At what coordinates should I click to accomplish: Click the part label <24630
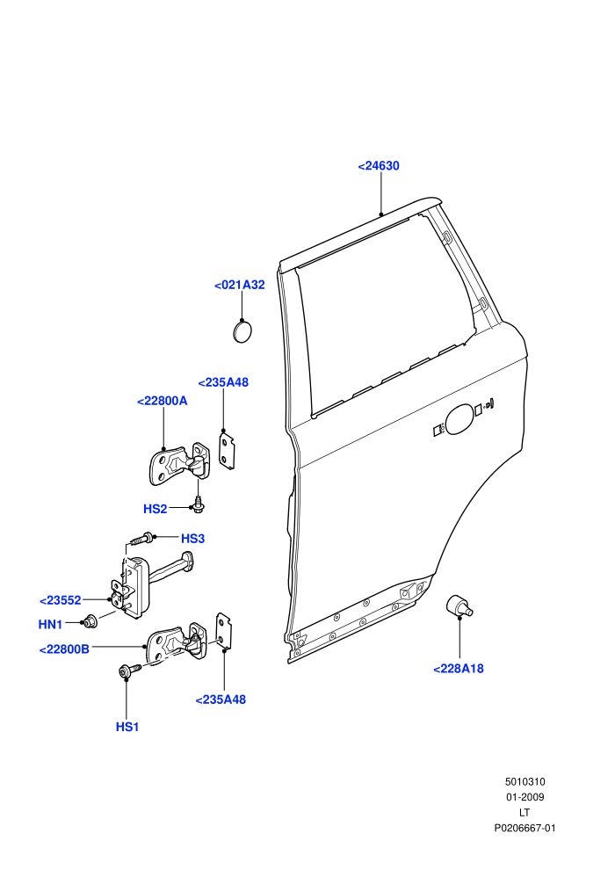click(x=379, y=166)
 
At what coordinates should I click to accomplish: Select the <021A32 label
click(x=240, y=286)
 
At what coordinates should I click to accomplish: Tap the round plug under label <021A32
click(x=242, y=331)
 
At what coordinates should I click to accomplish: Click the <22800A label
click(x=162, y=401)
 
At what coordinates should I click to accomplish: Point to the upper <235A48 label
click(x=223, y=383)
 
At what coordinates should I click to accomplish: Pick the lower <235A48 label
click(x=221, y=700)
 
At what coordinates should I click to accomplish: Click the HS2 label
click(x=156, y=510)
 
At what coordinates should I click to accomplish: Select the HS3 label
click(x=193, y=539)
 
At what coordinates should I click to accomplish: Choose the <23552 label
click(x=61, y=601)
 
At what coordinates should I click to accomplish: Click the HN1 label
click(x=50, y=625)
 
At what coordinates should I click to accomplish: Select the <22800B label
click(x=64, y=649)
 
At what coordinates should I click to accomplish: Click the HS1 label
click(x=127, y=728)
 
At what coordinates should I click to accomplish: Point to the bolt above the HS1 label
click(x=130, y=671)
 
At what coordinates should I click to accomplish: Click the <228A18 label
click(x=459, y=669)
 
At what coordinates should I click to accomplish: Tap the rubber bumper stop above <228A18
click(x=459, y=605)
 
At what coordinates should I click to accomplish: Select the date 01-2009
click(x=525, y=797)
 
